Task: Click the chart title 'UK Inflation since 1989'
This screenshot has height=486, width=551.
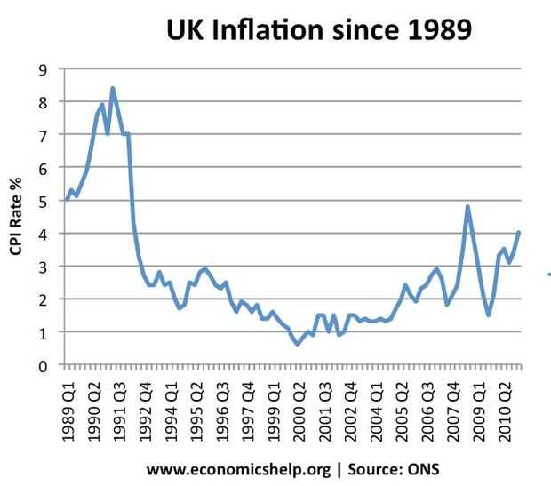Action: coord(319,31)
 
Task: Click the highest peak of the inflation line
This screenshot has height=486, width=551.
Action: coord(112,88)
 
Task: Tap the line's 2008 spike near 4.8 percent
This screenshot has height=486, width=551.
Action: coord(467,206)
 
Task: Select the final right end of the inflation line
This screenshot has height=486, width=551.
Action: coord(519,233)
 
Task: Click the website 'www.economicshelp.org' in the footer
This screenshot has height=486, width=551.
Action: coord(239,467)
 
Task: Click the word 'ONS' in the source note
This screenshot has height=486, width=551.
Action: coord(422,467)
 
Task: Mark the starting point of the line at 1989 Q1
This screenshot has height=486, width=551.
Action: coord(66,200)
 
